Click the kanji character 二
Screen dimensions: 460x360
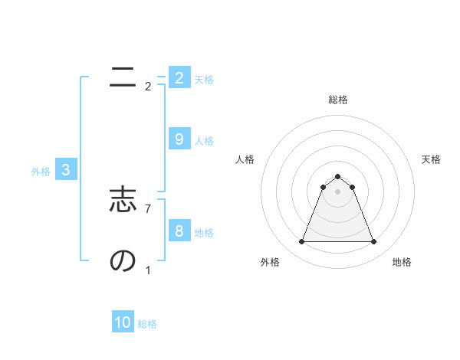point(123,78)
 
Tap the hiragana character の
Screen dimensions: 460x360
point(123,261)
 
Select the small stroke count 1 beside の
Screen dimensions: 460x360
point(148,270)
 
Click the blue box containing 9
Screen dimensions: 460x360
point(179,139)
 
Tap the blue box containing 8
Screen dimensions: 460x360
point(179,231)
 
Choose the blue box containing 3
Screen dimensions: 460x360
point(66,170)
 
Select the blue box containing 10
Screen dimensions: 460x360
point(123,322)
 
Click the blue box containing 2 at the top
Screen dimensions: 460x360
point(179,77)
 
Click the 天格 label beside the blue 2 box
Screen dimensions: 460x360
point(203,79)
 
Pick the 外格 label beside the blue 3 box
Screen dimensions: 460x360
point(41,172)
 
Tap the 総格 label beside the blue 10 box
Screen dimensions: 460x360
point(147,324)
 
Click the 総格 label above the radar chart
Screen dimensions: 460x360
point(337,100)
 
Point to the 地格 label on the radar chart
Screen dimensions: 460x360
point(402,262)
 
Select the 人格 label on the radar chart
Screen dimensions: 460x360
point(245,159)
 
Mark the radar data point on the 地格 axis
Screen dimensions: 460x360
point(373,242)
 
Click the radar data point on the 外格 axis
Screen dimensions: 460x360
point(301,242)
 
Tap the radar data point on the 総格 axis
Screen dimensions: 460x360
point(337,177)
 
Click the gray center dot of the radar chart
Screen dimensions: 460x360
point(337,191)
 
